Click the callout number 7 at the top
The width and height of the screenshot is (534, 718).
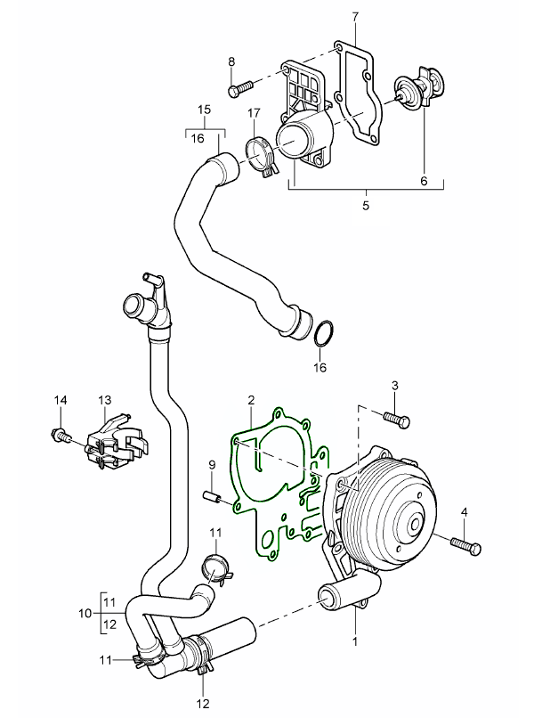pyautogui.click(x=354, y=16)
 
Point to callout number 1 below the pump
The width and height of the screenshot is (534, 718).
pyautogui.click(x=355, y=640)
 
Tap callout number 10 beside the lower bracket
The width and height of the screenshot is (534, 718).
pyautogui.click(x=85, y=613)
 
